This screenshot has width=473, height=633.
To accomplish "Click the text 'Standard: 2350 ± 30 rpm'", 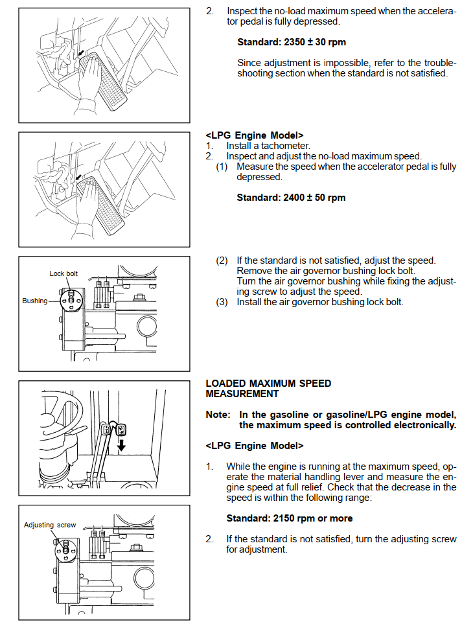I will point(291,42).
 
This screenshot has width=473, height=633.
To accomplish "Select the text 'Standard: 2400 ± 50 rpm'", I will point(291,198).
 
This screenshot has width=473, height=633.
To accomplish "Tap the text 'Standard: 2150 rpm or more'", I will point(289,518).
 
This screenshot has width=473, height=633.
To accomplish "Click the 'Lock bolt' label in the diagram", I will point(63,273).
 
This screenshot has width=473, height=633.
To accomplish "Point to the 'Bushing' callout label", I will point(34,301).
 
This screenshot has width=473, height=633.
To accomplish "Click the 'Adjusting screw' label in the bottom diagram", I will point(50,525).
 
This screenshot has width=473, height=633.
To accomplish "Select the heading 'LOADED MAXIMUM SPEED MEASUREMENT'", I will point(268,388).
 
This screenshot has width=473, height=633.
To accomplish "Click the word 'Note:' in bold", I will point(218,415).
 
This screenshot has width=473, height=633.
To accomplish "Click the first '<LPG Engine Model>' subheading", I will point(255,135).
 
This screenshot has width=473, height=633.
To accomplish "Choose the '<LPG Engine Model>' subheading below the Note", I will point(255,446).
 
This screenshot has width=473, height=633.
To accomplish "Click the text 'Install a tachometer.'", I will point(268,146).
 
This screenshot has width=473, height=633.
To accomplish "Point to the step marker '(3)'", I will point(222,302).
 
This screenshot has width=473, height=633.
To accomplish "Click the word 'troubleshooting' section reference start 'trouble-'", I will point(440,63).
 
